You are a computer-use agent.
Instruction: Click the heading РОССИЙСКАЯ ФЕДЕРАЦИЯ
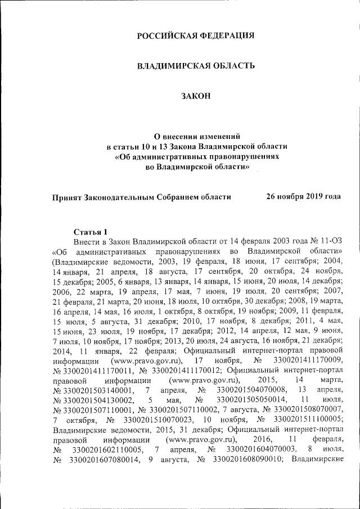click(196, 36)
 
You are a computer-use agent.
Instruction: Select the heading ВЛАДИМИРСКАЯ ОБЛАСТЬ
click(196, 66)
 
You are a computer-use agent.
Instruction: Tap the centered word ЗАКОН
click(196, 96)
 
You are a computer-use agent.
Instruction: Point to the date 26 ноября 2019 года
click(303, 197)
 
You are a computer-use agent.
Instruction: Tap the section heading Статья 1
click(90, 231)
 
